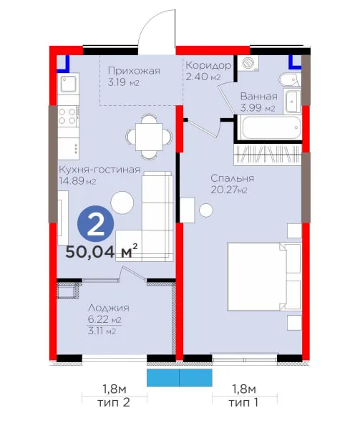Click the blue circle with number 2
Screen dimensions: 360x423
96,223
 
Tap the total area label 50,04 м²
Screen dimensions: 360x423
102,251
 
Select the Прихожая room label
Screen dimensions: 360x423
134,71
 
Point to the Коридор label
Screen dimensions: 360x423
208,65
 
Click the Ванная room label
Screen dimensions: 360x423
259,97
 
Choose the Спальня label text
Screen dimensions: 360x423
232,178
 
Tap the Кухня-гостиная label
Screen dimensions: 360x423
99,170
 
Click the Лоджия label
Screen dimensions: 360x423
109,308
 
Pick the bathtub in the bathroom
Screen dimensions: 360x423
271,128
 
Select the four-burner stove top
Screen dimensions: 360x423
67,116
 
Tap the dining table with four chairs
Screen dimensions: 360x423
149,137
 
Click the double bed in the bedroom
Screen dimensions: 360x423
264,276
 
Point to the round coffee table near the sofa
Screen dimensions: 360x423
122,203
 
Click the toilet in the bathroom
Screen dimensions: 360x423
290,80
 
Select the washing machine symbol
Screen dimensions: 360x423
248,63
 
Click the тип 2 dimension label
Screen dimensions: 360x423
114,403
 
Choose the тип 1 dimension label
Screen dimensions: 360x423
243,403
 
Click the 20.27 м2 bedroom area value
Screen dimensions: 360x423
229,190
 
